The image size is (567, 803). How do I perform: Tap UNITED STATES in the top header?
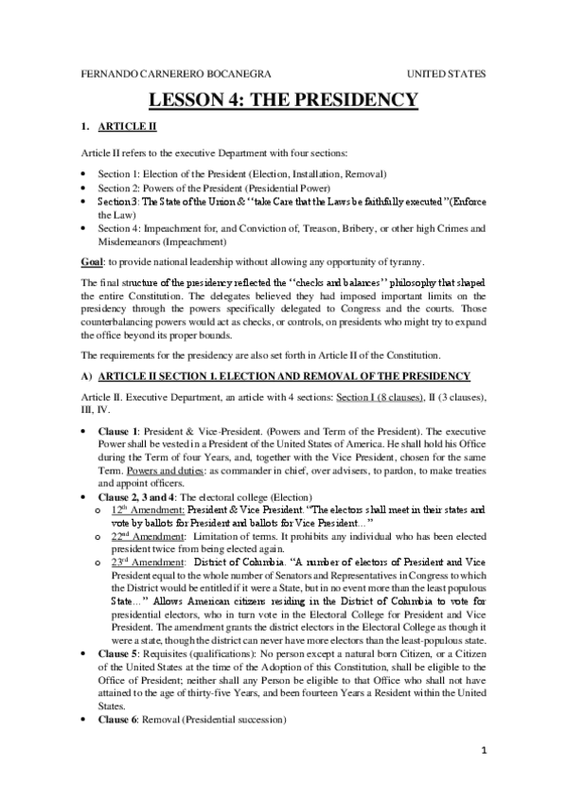pos(447,73)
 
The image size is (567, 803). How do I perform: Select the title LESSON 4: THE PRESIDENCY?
pos(283,100)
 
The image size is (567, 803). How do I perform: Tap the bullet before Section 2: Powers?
pos(85,188)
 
